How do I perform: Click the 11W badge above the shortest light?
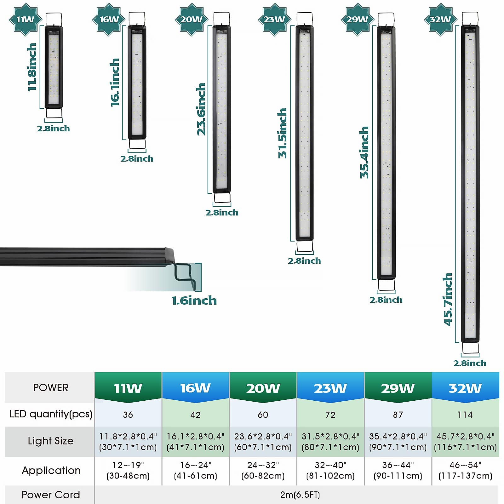[x=25, y=20]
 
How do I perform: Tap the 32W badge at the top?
[x=440, y=20]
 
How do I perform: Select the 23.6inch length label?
[x=201, y=109]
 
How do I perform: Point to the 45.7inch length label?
[x=448, y=299]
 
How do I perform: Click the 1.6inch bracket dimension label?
[x=194, y=301]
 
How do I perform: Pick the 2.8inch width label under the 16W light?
[x=137, y=159]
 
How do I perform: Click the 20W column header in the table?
[x=263, y=388]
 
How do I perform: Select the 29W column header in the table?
[x=398, y=388]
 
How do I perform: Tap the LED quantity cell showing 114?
[x=465, y=415]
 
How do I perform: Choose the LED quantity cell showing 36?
[x=128, y=415]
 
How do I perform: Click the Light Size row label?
[x=50, y=441]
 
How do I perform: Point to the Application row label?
[x=51, y=470]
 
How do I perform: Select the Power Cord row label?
[x=51, y=495]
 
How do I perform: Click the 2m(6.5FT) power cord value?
[x=300, y=495]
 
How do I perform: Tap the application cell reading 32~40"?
[x=330, y=470]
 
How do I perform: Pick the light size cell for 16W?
[x=195, y=442]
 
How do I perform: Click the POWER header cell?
[x=50, y=387]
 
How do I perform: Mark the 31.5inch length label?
[x=282, y=133]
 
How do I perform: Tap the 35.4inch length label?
[x=364, y=152]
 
